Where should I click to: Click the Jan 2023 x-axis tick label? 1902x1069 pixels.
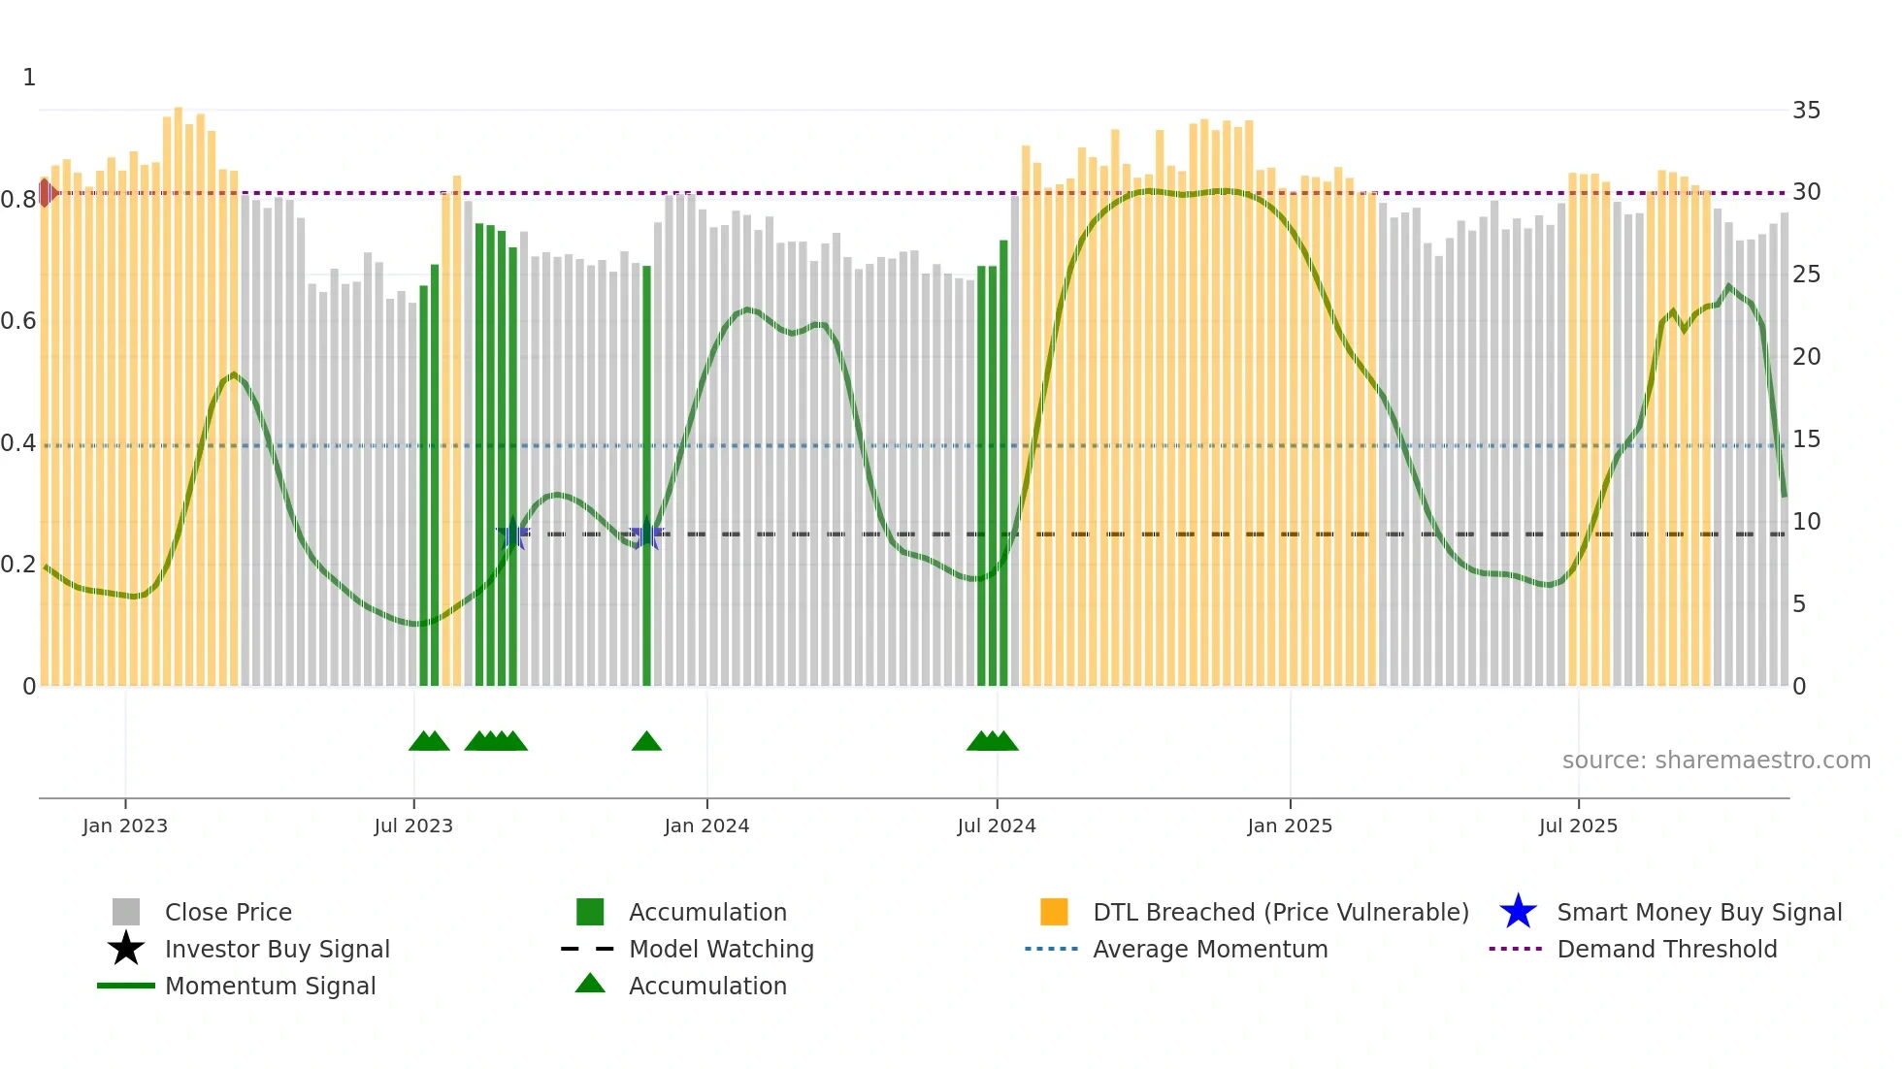click(125, 826)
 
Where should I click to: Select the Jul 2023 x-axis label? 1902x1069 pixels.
click(413, 826)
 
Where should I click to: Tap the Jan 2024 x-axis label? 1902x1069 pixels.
click(706, 826)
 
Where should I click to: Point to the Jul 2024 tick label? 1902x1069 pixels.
click(997, 826)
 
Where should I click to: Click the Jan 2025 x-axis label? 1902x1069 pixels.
click(1290, 826)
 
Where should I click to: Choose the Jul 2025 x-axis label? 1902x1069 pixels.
click(1578, 826)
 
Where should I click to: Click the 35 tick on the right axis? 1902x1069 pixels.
click(1806, 111)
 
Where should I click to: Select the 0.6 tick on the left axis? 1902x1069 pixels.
click(18, 321)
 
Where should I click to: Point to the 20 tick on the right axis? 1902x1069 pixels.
click(1806, 357)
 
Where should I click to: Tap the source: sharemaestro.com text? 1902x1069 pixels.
click(1716, 761)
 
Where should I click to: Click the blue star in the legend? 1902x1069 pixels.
click(1518, 912)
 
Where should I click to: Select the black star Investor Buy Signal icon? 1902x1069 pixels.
click(126, 949)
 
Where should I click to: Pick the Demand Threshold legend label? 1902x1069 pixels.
click(1666, 949)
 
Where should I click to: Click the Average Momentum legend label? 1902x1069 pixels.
click(1210, 949)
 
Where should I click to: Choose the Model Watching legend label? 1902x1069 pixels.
click(721, 949)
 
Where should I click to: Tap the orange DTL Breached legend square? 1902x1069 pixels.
click(1054, 912)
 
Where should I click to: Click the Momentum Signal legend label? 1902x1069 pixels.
click(270, 986)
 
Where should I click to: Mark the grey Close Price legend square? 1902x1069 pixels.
click(126, 912)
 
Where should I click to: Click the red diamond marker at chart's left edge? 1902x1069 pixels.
click(46, 192)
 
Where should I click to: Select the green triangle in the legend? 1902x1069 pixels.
click(590, 984)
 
